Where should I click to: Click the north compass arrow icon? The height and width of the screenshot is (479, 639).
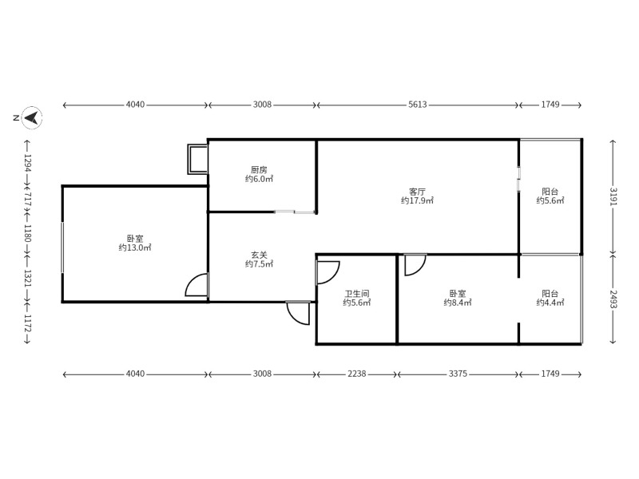point(32,117)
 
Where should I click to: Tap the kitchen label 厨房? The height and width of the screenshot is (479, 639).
point(259,169)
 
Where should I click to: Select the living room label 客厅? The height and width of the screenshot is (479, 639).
point(417,191)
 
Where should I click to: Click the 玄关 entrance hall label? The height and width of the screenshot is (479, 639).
point(259,255)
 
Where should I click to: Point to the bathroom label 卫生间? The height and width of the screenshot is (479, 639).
point(356,293)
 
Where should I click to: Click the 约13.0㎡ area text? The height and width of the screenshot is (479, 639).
point(135,247)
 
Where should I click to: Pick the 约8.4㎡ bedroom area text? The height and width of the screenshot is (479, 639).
point(458,303)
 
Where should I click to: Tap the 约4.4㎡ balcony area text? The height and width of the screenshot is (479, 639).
point(550,303)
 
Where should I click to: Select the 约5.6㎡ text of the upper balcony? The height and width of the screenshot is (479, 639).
point(550,200)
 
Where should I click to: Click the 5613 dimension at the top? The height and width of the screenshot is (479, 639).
point(417,105)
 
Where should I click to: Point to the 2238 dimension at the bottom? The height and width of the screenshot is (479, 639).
point(356,374)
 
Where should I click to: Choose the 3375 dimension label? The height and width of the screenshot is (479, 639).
point(458,374)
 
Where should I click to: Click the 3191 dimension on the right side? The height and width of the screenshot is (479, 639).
point(613,196)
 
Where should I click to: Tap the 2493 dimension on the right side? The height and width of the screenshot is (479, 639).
point(613,299)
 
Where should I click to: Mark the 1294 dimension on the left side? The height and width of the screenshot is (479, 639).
point(27,163)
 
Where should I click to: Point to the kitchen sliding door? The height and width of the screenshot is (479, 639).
point(294,212)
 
